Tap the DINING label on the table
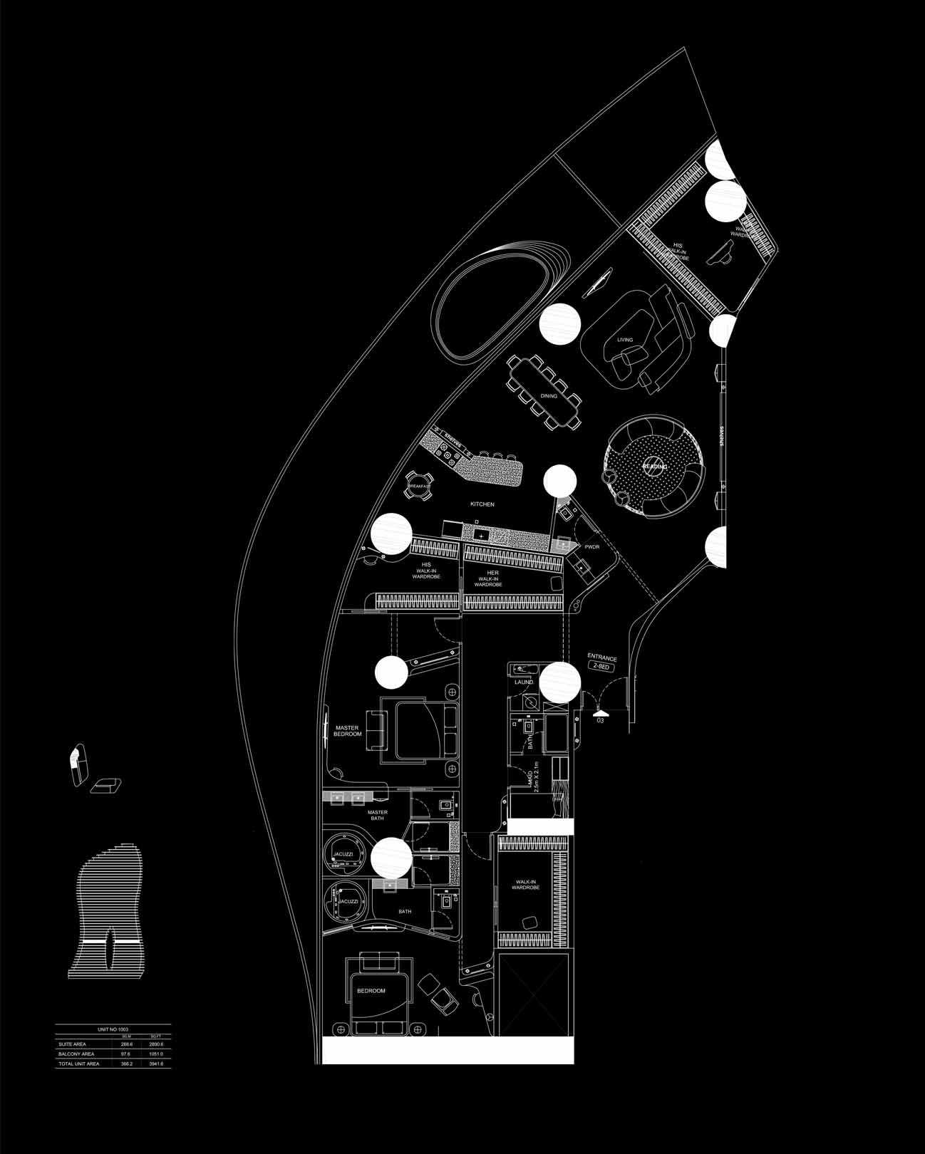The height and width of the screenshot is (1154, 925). click(549, 396)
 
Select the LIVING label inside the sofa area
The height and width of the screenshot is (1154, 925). click(625, 340)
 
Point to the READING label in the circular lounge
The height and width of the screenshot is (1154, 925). click(655, 467)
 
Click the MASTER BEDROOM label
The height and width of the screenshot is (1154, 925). click(348, 731)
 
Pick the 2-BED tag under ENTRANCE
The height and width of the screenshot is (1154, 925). click(602, 665)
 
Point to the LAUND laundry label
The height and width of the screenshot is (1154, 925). click(524, 682)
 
